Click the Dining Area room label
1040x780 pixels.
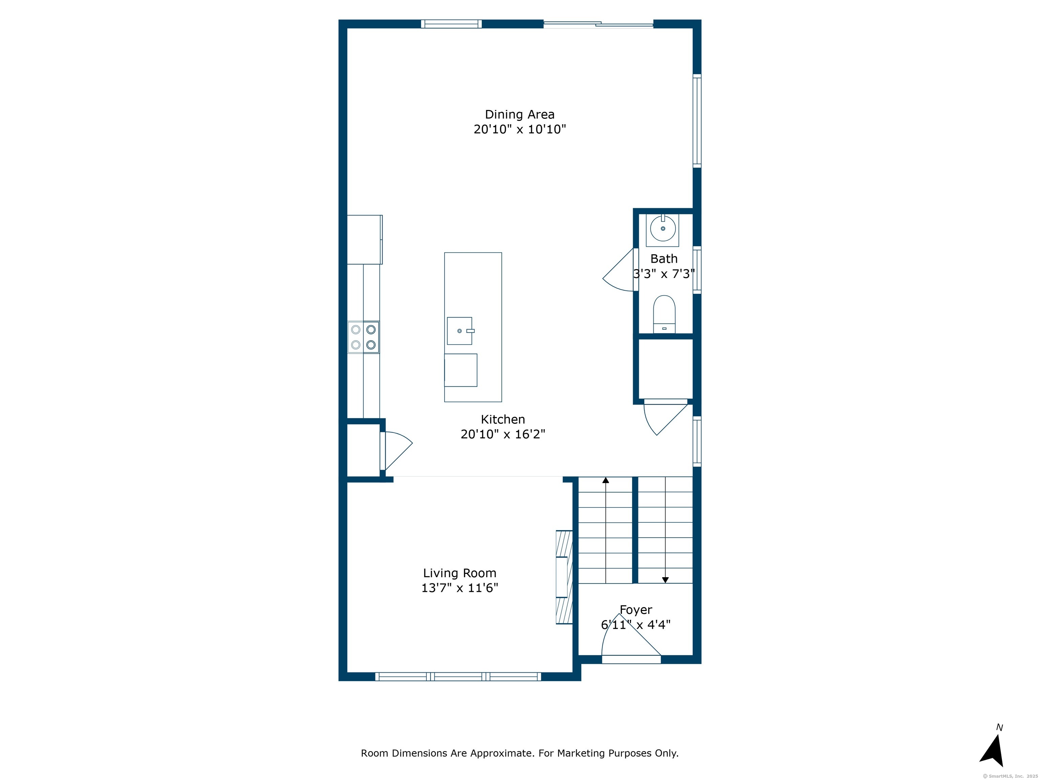click(520, 115)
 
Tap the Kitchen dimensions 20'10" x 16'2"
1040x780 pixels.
click(503, 434)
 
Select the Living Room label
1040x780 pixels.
click(459, 573)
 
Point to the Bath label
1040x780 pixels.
click(664, 259)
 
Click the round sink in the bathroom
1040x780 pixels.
click(663, 229)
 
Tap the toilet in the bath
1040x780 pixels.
click(664, 314)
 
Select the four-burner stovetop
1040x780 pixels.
click(364, 337)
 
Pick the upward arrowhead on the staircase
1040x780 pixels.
click(606, 480)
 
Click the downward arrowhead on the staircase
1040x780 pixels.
click(665, 580)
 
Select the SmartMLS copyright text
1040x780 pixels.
click(1010, 776)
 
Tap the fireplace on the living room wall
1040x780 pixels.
click(564, 577)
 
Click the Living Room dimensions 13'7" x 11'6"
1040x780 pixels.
click(459, 588)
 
